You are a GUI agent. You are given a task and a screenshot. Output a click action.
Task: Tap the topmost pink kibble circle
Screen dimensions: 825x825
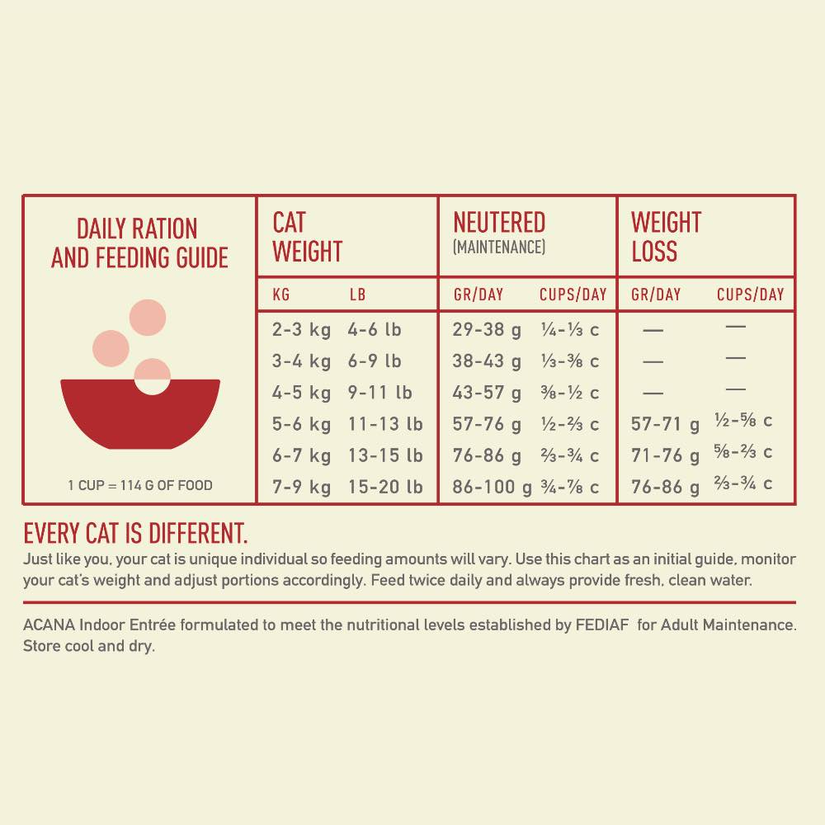point(148,318)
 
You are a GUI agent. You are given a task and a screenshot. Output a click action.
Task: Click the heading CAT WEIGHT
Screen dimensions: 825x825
point(307,236)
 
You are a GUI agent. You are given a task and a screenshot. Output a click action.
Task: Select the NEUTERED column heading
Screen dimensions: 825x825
point(499,223)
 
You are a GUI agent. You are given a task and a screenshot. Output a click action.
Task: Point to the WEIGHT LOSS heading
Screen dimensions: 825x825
point(666,236)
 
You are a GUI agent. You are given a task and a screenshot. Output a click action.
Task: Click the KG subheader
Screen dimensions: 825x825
point(281,295)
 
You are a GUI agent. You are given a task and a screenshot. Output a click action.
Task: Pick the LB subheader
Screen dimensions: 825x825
point(357,295)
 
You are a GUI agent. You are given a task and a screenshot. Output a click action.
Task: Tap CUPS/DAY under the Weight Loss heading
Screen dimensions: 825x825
point(750,295)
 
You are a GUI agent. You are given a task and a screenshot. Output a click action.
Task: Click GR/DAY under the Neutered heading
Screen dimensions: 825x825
point(478,295)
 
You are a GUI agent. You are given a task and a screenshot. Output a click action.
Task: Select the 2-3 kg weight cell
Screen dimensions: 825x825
point(301,330)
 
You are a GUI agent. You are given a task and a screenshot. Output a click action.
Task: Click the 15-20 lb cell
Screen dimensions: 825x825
point(384,487)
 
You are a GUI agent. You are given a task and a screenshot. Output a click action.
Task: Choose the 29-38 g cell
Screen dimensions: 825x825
point(487,330)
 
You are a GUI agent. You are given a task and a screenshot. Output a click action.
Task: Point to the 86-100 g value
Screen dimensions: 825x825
point(492,487)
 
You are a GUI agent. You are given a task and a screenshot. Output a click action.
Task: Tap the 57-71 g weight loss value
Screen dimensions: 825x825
point(665,424)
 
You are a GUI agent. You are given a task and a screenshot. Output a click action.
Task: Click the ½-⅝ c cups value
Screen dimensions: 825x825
point(743,421)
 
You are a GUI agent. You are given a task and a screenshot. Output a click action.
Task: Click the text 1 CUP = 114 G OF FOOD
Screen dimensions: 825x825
point(139,485)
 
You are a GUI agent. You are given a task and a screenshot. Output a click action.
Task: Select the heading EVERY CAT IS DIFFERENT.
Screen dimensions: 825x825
point(135,532)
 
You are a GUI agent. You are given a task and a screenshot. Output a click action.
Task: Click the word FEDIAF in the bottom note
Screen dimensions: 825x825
point(604,625)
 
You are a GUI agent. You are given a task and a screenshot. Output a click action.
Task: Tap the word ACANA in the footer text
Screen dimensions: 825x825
point(49,625)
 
